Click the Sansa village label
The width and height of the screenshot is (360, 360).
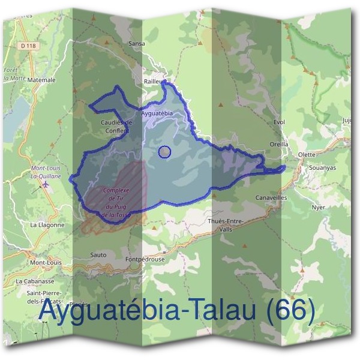(137, 44)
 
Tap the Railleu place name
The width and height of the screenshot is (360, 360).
(154, 80)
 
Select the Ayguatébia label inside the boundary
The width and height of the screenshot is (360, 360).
(157, 113)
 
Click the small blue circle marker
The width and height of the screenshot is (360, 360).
(165, 152)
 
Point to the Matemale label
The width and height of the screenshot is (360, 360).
(41, 80)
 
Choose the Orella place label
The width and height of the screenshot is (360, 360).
(279, 145)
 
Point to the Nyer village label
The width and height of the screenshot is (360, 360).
(318, 207)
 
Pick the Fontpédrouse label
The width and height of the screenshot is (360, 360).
(146, 259)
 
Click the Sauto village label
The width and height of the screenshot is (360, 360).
(98, 255)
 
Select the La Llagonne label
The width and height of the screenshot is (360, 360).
(47, 224)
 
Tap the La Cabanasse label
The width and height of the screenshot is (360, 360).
(35, 281)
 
